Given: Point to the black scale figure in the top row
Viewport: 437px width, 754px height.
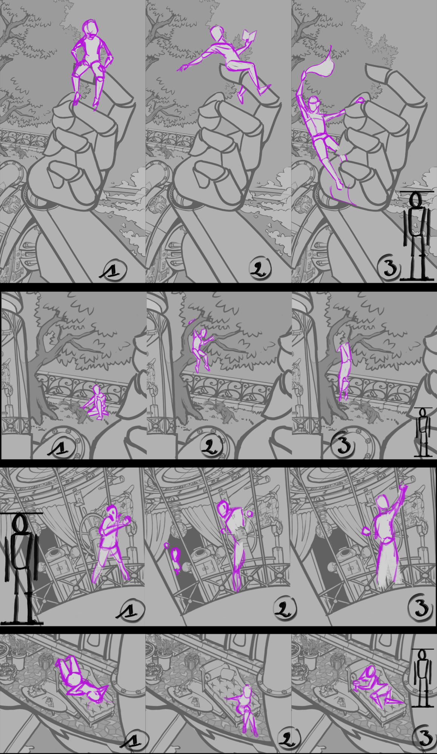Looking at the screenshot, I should point(416,236).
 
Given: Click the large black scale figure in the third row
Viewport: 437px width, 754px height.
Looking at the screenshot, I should point(21,569).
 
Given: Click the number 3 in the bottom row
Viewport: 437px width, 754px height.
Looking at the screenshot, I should point(426,737).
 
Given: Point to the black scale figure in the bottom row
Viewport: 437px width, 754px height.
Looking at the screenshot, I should point(423,679).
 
